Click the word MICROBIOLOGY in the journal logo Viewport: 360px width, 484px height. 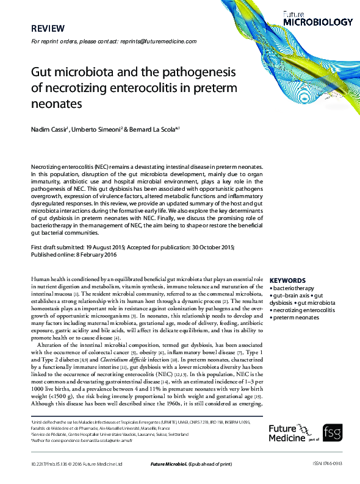pos(318,22)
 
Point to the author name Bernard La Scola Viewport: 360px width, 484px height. pos(153,129)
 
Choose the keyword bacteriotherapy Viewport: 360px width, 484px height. pos(293,288)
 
